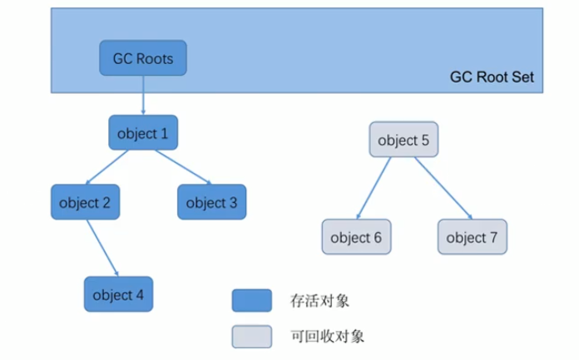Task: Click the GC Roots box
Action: pyautogui.click(x=143, y=59)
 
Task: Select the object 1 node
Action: pyautogui.click(x=143, y=132)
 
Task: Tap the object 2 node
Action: pyautogui.click(x=85, y=202)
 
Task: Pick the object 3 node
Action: pyautogui.click(x=211, y=202)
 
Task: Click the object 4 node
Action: pyautogui.click(x=118, y=294)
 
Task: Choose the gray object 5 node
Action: pyautogui.click(x=403, y=141)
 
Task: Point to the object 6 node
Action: pyautogui.click(x=356, y=237)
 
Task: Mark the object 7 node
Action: pyautogui.click(x=472, y=237)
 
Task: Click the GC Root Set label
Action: pyautogui.click(x=492, y=77)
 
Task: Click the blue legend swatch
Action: pyautogui.click(x=252, y=300)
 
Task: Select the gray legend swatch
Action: pyautogui.click(x=252, y=336)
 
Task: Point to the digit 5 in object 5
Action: pyautogui.click(x=425, y=141)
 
